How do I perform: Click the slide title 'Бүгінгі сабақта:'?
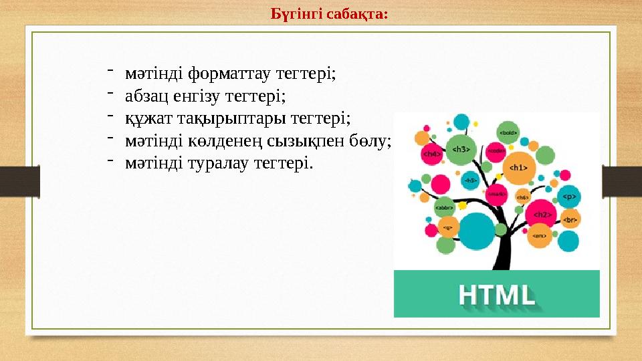[x=329, y=13]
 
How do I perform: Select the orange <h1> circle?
[x=518, y=168]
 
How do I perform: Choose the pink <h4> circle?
[x=432, y=154]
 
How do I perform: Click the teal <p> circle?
[x=568, y=197]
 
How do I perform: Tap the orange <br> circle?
[x=568, y=219]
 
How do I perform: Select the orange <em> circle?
[x=539, y=235]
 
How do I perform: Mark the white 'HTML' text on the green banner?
[x=496, y=294]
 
